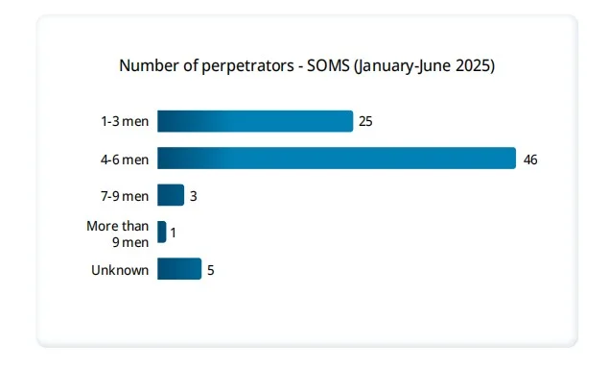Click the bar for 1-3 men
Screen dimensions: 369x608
(255, 121)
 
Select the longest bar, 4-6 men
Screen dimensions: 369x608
(337, 159)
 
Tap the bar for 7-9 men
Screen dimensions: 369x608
(171, 195)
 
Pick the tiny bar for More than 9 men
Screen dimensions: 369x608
(162, 233)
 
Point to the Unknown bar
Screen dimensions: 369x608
(179, 269)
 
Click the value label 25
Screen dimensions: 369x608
(366, 122)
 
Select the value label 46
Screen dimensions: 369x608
(530, 160)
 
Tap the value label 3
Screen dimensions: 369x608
(193, 196)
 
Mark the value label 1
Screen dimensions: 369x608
(174, 233)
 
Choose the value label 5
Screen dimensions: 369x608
(210, 270)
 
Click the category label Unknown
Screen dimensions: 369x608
(120, 270)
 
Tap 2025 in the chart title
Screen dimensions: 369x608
(473, 65)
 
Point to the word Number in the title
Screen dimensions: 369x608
(147, 65)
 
